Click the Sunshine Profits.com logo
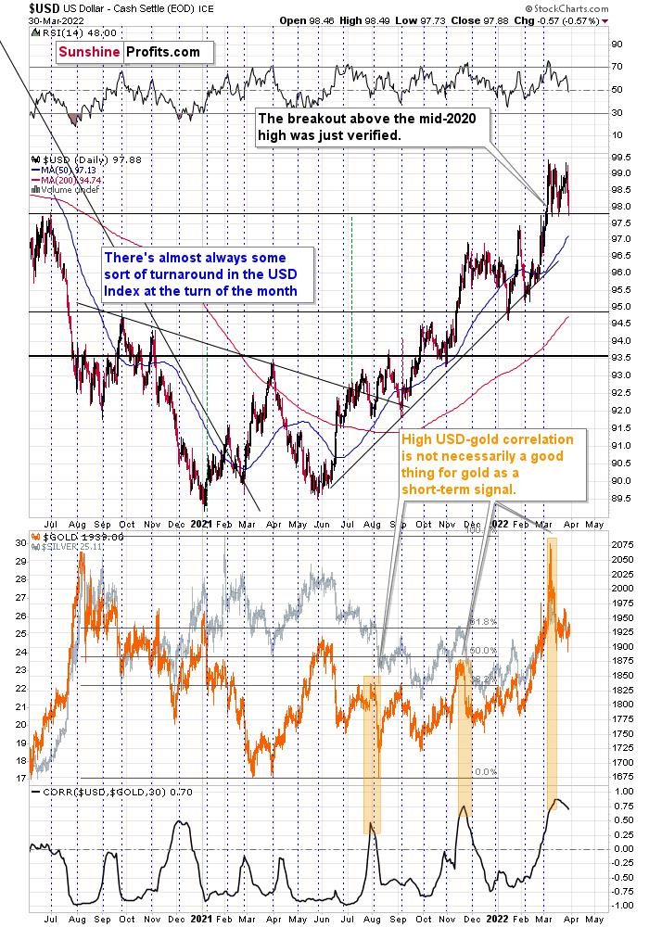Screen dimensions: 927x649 pyautogui.click(x=129, y=52)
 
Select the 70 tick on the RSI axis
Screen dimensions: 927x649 pyautogui.click(x=615, y=67)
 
